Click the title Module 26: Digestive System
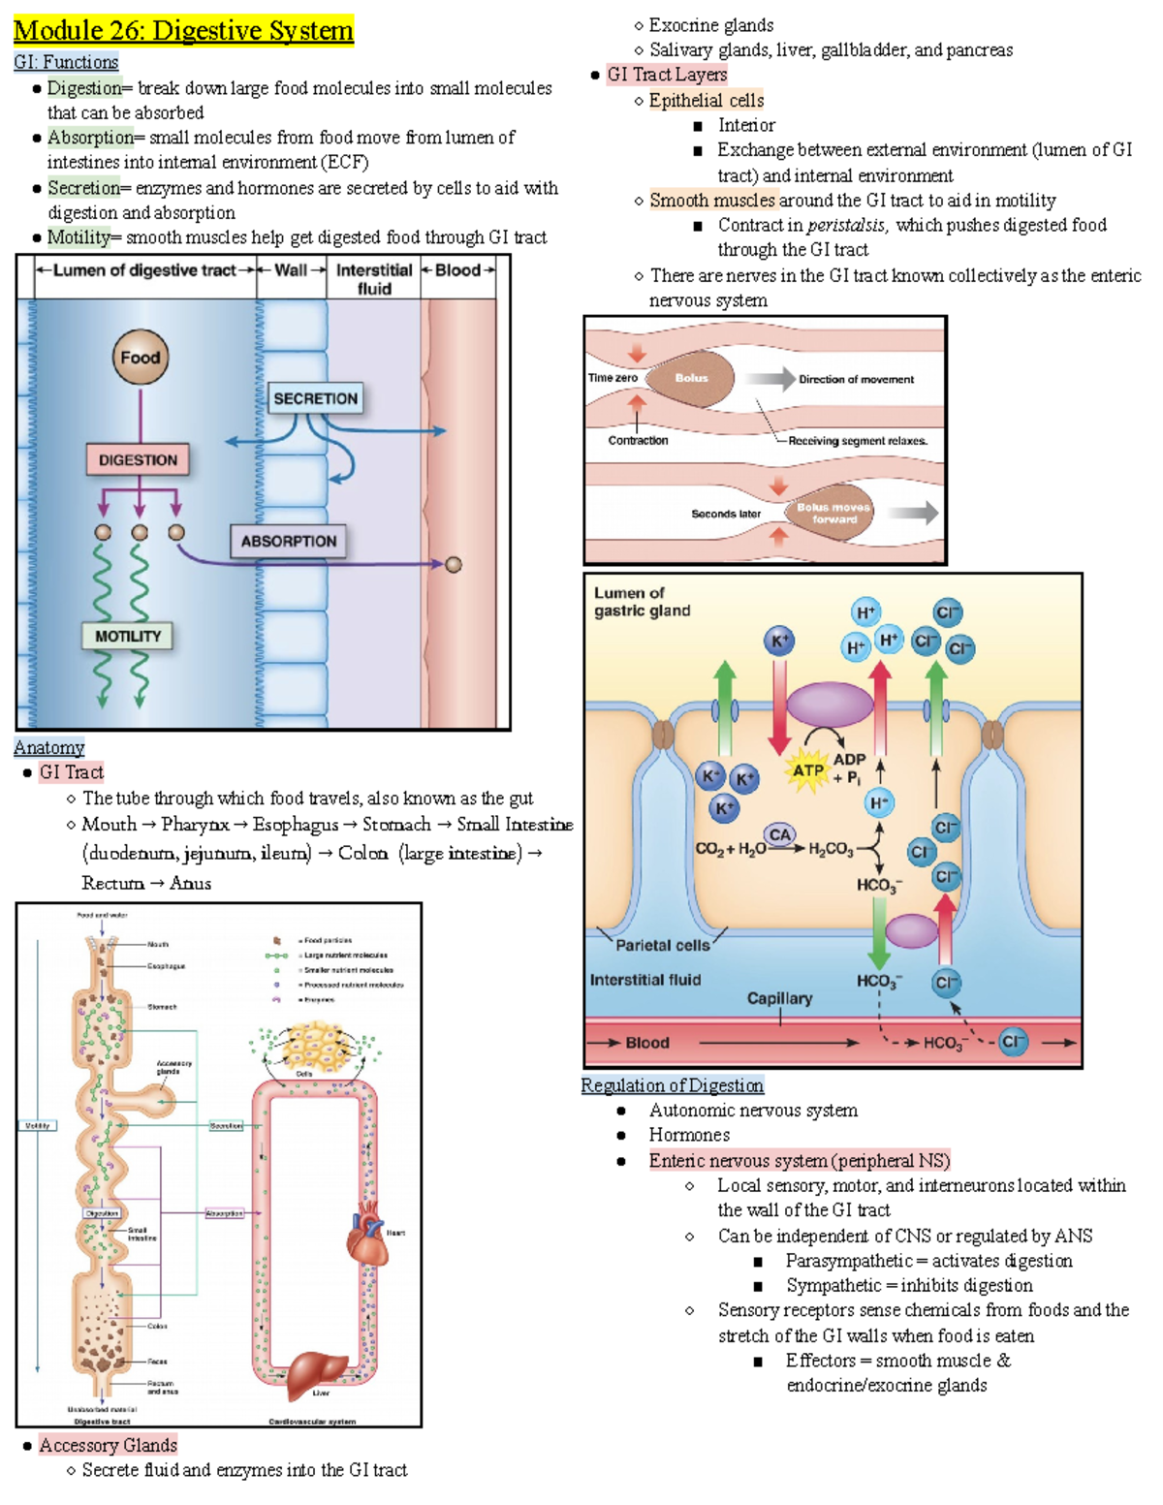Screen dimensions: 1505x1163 coord(183,31)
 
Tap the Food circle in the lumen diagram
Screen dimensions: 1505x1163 coord(141,358)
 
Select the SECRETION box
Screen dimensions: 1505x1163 coord(315,398)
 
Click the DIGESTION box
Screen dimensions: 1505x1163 coord(139,460)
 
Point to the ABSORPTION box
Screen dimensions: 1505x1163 coord(289,542)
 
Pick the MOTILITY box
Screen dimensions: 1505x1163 coord(128,637)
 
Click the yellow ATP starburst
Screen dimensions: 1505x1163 coord(808,771)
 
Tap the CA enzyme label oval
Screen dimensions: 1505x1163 coord(780,834)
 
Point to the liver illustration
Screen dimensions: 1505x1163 coord(317,1371)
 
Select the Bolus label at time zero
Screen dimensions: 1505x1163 coord(691,378)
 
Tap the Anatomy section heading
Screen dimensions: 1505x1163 coord(49,748)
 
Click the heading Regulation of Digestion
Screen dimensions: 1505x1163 coord(673,1085)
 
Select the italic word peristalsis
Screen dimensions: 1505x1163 coord(846,225)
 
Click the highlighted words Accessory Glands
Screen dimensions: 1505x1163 coord(108,1445)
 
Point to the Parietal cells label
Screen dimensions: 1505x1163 coord(663,945)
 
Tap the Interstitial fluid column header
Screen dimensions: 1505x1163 coord(374,279)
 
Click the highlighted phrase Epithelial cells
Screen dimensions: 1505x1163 coord(707,100)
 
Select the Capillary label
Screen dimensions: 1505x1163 coord(779,998)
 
